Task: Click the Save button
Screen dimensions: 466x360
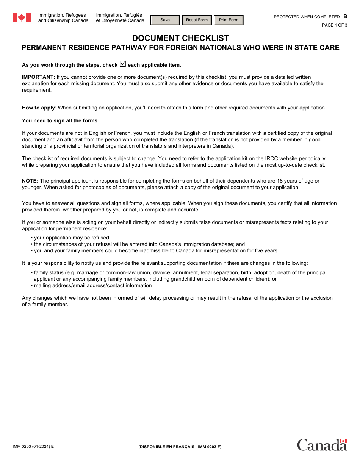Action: [x=165, y=20]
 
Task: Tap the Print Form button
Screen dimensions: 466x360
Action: [x=229, y=20]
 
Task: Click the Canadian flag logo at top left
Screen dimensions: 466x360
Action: [x=22, y=18]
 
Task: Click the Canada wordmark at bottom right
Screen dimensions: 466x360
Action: [x=322, y=445]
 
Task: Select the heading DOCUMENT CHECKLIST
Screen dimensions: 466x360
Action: [x=180, y=38]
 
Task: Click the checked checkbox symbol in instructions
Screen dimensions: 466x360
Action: [x=122, y=64]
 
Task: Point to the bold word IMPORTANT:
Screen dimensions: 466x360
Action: [x=38, y=77]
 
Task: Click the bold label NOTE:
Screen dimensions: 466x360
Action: [x=30, y=181]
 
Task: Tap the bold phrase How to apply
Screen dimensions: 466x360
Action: [x=38, y=108]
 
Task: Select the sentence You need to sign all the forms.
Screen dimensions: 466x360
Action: [x=60, y=121]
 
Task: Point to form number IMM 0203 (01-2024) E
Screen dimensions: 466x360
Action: [x=33, y=446]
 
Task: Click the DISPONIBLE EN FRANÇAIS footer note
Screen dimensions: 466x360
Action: [x=180, y=447]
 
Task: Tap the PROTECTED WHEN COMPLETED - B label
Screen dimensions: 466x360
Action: [x=310, y=17]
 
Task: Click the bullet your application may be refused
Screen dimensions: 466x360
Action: [x=71, y=238]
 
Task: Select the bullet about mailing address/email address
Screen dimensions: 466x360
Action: [x=93, y=286]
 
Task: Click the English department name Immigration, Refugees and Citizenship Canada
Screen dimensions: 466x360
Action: [x=63, y=18]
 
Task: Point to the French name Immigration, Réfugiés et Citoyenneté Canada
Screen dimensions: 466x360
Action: [x=120, y=18]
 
